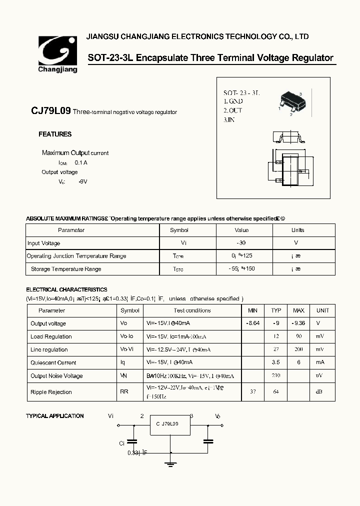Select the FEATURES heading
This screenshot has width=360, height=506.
click(55, 134)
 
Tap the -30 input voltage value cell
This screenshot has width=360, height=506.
click(241, 243)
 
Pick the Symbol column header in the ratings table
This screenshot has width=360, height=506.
click(179, 230)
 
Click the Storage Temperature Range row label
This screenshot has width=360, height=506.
click(66, 269)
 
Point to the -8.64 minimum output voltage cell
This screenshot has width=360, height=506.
click(253, 323)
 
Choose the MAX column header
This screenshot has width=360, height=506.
click(298, 310)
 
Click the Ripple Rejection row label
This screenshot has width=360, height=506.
click(51, 392)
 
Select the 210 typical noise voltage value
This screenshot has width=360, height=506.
click(275, 375)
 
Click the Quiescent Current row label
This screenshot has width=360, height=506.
click(53, 363)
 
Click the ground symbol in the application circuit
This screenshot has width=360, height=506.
click(171, 464)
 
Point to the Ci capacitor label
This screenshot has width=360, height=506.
click(121, 443)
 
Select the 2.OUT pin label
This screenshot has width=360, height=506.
click(232, 110)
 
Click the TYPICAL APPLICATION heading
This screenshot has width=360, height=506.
click(55, 416)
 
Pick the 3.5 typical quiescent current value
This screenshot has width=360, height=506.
click(276, 362)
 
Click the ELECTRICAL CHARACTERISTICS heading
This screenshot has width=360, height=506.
click(66, 289)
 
